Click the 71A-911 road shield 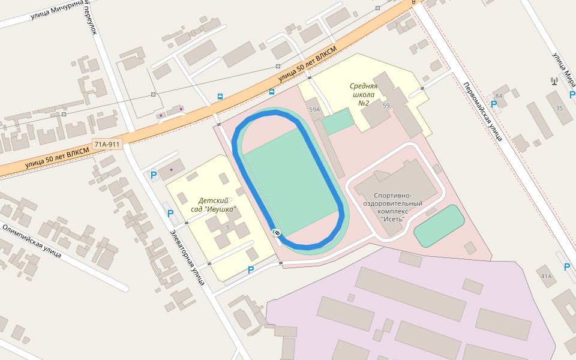click(x=107, y=144)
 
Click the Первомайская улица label click(x=482, y=111)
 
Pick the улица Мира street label click(x=564, y=70)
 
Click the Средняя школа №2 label click(x=364, y=94)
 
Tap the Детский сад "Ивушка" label click(x=214, y=205)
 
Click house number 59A click(x=314, y=110)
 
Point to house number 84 click(x=499, y=96)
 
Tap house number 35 click(x=559, y=108)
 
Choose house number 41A click(x=546, y=276)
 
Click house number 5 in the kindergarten click(x=227, y=227)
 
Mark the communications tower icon click(x=554, y=81)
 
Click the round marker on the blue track click(x=277, y=232)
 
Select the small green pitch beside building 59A click(x=338, y=122)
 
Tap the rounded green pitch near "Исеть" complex click(x=439, y=226)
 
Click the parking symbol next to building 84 click(x=494, y=104)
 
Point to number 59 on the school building click(x=386, y=106)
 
